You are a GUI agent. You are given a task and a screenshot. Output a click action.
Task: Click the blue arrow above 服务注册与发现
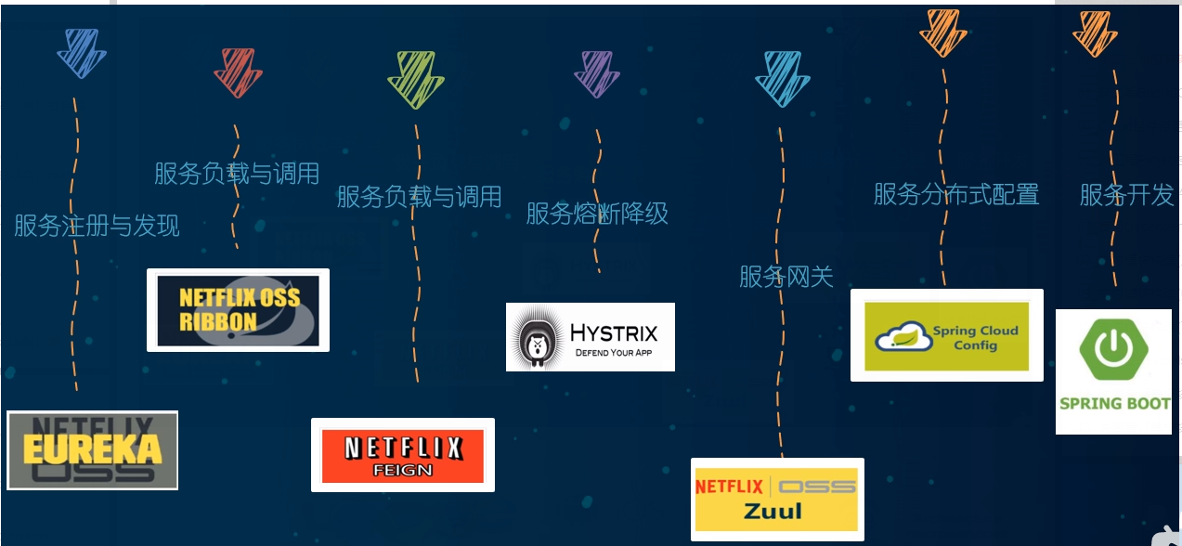pos(81,53)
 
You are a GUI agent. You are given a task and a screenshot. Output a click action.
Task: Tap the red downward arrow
pos(238,72)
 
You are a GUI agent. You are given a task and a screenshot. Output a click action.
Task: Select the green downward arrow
pos(415,79)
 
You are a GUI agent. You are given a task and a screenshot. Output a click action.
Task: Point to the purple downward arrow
pos(596,73)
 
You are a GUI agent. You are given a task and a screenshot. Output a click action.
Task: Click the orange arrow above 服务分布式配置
pos(943,32)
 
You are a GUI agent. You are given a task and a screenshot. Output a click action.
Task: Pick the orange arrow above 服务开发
pos(1095,33)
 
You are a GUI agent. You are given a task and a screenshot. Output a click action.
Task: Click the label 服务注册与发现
pos(97,226)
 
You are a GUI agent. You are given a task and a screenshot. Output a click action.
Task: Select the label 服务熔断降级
pos(597,214)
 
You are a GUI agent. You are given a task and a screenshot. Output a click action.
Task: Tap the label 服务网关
pos(786,276)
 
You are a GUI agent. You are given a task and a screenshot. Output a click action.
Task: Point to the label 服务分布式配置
pos(956,194)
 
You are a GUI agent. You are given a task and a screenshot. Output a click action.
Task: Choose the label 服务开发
pos(1126,195)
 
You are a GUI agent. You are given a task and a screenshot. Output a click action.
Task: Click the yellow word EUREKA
pos(92,450)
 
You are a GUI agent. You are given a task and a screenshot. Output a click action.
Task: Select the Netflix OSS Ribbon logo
pos(239,310)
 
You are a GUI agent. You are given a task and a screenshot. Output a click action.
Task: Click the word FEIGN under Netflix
pos(402,470)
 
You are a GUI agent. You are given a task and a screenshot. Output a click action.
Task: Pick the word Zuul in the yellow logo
pos(773,510)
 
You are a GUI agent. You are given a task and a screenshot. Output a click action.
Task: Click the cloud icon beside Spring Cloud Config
pos(903,335)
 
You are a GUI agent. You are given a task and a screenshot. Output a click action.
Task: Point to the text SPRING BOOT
pos(1114,403)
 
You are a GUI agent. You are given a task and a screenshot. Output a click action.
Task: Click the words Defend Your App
pos(614,353)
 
